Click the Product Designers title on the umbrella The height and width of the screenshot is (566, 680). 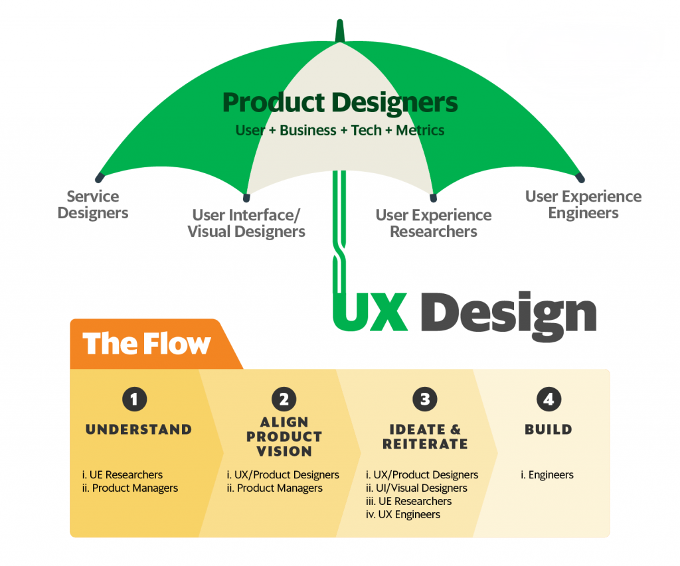pyautogui.click(x=340, y=104)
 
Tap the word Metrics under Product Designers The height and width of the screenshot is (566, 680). pyautogui.click(x=420, y=130)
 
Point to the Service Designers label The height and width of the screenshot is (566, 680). pyautogui.click(x=93, y=204)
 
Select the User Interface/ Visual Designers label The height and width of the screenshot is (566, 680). pyautogui.click(x=246, y=223)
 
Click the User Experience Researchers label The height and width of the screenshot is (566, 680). pyautogui.click(x=433, y=223)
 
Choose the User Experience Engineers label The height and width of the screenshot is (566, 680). pyautogui.click(x=583, y=204)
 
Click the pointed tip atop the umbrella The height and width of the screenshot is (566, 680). pyautogui.click(x=340, y=21)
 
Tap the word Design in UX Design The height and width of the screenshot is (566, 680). pyautogui.click(x=508, y=313)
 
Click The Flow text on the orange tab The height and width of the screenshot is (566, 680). pyautogui.click(x=147, y=344)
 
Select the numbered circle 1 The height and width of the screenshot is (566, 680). pyautogui.click(x=134, y=399)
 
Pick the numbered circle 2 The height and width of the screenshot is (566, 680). pyautogui.click(x=284, y=399)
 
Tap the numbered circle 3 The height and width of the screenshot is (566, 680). pyautogui.click(x=425, y=399)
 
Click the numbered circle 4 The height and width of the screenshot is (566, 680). pyautogui.click(x=549, y=399)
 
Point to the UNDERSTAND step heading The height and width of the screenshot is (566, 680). pyautogui.click(x=139, y=429)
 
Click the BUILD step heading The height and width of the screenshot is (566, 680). pyautogui.click(x=549, y=429)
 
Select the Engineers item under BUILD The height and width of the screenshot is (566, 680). pyautogui.click(x=551, y=475)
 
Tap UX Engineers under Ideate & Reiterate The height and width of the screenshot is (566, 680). pyautogui.click(x=409, y=514)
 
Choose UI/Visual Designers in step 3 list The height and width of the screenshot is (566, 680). pyautogui.click(x=422, y=488)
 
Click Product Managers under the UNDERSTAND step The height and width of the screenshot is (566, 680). pyautogui.click(x=135, y=488)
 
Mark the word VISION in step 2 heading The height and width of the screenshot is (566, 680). pyautogui.click(x=284, y=451)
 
